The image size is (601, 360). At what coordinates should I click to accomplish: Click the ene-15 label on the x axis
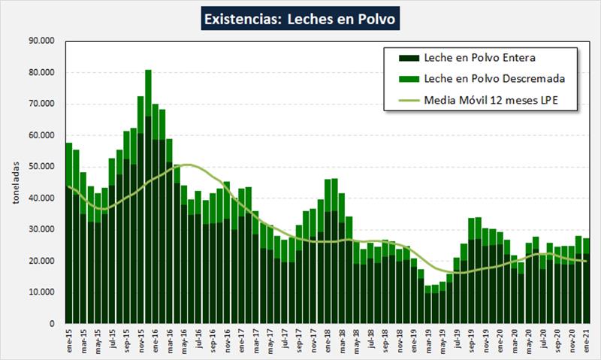click(69, 340)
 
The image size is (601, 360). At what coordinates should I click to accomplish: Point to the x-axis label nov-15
click(141, 340)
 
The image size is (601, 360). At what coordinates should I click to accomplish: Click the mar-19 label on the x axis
click(428, 340)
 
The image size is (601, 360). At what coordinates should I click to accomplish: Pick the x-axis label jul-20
click(543, 340)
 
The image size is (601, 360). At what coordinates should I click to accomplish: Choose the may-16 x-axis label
click(184, 340)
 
